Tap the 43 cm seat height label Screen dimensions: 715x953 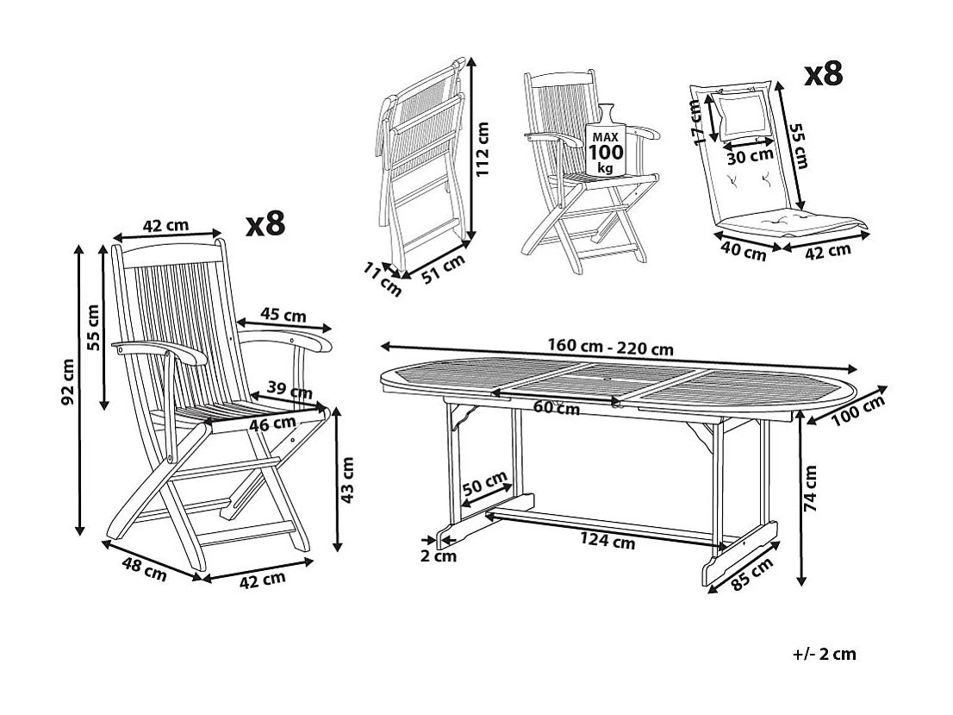[x=348, y=480]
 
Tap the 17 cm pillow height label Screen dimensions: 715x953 [x=696, y=121]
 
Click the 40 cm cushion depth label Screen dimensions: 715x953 [x=743, y=254]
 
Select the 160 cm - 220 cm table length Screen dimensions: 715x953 [x=610, y=348]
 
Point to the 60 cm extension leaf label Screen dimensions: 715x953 [x=556, y=408]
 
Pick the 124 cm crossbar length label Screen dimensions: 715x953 [x=608, y=541]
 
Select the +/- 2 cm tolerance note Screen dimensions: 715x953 [x=825, y=654]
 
